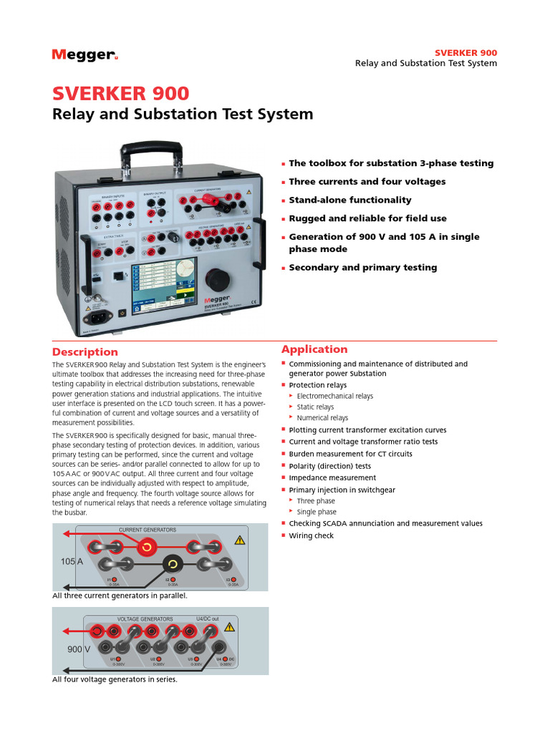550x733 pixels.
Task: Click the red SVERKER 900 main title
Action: pyautogui.click(x=121, y=94)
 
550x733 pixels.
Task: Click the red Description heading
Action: pyautogui.click(x=85, y=352)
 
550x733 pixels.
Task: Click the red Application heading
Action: pyautogui.click(x=314, y=349)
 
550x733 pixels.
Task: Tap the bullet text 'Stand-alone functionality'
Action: pyautogui.click(x=349, y=200)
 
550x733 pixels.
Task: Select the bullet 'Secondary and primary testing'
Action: pyautogui.click(x=362, y=268)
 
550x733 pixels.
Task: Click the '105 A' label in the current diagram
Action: pyautogui.click(x=72, y=563)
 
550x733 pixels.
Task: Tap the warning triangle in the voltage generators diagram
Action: pyautogui.click(x=229, y=627)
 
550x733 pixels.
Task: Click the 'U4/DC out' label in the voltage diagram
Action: pyautogui.click(x=208, y=618)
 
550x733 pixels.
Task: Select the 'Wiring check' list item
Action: pyautogui.click(x=311, y=535)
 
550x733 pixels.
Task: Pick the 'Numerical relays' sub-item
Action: pyautogui.click(x=322, y=418)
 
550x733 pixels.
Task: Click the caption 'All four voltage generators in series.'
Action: pyautogui.click(x=115, y=679)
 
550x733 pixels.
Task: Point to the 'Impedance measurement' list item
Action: pyautogui.click(x=332, y=477)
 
